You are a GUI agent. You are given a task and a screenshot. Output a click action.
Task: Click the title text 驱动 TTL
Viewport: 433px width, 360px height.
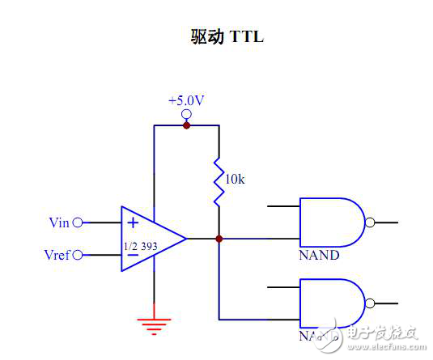[217, 38]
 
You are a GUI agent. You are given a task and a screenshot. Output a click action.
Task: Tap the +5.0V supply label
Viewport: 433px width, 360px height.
[185, 101]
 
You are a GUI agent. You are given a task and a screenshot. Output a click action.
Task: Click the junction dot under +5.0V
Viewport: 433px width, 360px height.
[186, 125]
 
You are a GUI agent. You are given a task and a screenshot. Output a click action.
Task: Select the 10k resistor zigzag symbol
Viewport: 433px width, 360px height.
[219, 182]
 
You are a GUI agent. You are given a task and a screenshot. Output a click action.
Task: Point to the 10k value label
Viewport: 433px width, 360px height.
[234, 180]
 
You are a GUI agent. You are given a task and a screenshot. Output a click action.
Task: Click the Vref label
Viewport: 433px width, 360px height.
[57, 256]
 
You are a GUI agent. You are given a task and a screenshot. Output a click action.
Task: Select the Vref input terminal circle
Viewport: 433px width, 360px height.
[78, 256]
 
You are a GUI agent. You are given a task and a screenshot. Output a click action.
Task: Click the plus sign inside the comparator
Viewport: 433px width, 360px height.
[132, 222]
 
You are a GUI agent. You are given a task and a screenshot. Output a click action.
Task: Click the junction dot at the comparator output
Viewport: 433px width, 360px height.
[219, 239]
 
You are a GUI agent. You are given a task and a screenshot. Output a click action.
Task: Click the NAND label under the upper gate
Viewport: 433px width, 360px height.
[319, 256]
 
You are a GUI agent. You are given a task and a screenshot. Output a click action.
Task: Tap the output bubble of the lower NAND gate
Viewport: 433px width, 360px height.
[370, 303]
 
